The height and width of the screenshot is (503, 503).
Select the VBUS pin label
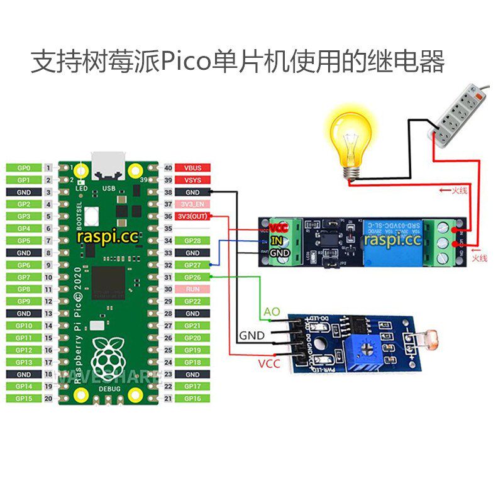coord(192,168)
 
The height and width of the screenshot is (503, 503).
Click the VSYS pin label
coord(192,180)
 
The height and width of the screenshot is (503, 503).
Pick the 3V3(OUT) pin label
coord(192,216)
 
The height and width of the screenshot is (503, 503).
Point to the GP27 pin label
coord(192,265)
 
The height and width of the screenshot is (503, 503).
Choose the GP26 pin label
coord(192,277)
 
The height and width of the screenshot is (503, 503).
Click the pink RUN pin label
coord(192,289)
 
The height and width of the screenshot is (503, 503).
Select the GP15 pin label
coord(24,398)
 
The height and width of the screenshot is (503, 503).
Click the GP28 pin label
coord(192,241)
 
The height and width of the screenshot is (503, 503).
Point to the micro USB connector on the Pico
coord(108,165)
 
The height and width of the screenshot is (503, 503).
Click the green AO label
coord(272,312)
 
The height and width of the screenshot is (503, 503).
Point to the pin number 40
coord(168,168)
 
